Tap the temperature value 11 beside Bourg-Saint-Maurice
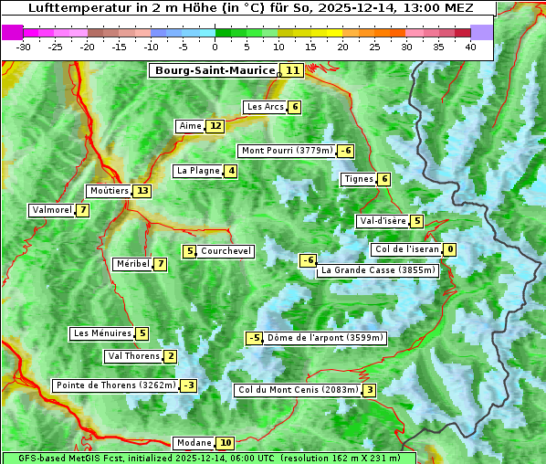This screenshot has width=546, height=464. pos(292,70)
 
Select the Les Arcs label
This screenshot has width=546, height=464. pos(266,107)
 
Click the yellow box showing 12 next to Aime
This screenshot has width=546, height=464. pos(215,126)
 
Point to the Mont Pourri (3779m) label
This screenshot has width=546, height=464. pos(286,151)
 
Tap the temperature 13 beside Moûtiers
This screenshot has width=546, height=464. pos(142,191)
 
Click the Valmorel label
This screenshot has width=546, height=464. pos(51,210)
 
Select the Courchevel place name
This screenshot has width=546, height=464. pos(226,251)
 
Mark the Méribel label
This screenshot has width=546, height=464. pos(132,264)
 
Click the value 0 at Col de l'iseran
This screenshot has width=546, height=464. pos(449,249)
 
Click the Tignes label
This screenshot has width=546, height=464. pos(358,179)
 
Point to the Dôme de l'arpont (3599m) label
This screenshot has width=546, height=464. pos(325,338)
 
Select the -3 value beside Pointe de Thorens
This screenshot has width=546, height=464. pos(188,385)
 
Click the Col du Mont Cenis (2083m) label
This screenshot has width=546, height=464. pos(297,390)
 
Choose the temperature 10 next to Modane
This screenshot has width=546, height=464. pos(226,443)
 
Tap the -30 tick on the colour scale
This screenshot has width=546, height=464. pos(24,47)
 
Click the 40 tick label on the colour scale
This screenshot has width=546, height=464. pos(470,47)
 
